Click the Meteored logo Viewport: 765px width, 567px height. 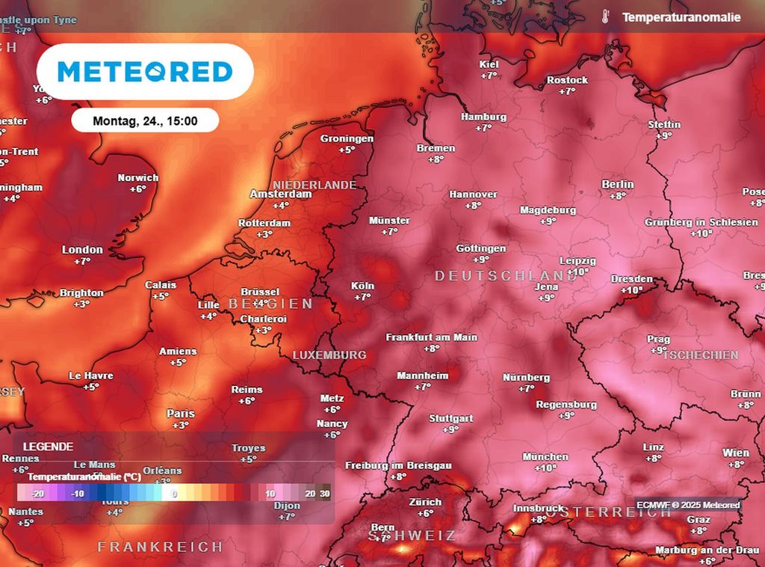pyautogui.click(x=145, y=72)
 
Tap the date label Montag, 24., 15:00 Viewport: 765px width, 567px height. pyautogui.click(x=145, y=120)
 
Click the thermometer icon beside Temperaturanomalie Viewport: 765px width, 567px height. pyautogui.click(x=605, y=17)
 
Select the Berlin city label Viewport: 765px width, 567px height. pyautogui.click(x=617, y=185)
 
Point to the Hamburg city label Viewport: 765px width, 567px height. pyautogui.click(x=483, y=117)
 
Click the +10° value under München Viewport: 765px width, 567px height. pyautogui.click(x=545, y=468)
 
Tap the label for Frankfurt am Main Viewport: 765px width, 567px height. pyautogui.click(x=431, y=337)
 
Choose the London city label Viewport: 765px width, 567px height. pyautogui.click(x=82, y=250)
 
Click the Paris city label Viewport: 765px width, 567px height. pyautogui.click(x=181, y=414)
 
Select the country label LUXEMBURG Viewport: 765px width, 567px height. pyautogui.click(x=329, y=355)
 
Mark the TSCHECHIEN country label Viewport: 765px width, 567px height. pyautogui.click(x=700, y=355)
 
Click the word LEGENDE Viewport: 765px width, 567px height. pyautogui.click(x=48, y=447)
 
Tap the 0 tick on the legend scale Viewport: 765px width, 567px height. pyautogui.click(x=173, y=494)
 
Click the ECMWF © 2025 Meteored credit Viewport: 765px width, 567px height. pyautogui.click(x=688, y=506)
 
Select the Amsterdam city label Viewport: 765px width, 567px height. pyautogui.click(x=280, y=194)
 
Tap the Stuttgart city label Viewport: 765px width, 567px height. pyautogui.click(x=450, y=419)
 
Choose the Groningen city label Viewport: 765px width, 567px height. pyautogui.click(x=347, y=139)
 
